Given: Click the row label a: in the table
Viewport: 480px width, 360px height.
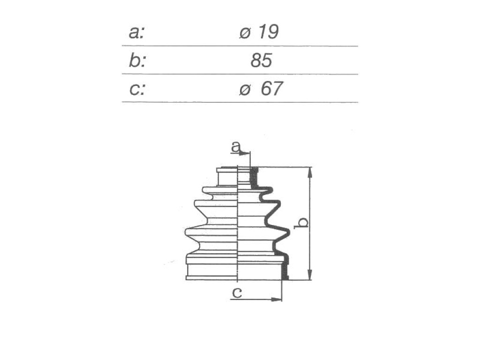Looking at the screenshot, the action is pyautogui.click(x=136, y=32).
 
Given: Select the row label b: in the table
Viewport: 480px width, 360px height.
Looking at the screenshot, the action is pyautogui.click(x=137, y=60).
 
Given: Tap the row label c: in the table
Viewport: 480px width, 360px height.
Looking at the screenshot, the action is pyautogui.click(x=137, y=89).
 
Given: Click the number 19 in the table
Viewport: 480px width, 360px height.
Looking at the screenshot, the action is pyautogui.click(x=269, y=31).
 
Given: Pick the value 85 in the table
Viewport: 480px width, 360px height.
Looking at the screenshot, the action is pyautogui.click(x=261, y=60).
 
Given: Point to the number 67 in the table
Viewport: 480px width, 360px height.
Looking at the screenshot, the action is pyautogui.click(x=271, y=89).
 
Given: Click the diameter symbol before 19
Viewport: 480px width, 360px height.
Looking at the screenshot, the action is pyautogui.click(x=245, y=33).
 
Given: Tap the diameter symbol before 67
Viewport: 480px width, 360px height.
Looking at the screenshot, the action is pyautogui.click(x=245, y=90).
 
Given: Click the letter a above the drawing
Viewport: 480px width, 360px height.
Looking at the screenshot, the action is pyautogui.click(x=236, y=147).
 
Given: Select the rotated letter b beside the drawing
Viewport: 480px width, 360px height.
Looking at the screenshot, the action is pyautogui.click(x=301, y=223).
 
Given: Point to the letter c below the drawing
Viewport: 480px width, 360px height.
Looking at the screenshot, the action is pyautogui.click(x=237, y=292).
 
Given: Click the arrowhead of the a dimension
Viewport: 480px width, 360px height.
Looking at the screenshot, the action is pyautogui.click(x=245, y=153).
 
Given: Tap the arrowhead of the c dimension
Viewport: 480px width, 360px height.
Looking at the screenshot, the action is pyautogui.click(x=276, y=299).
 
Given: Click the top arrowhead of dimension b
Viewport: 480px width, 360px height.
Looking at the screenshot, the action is pyautogui.click(x=310, y=172).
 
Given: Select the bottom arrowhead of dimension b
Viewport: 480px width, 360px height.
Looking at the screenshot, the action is pyautogui.click(x=310, y=275).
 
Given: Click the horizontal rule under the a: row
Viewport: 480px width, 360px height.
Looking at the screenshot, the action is pyautogui.click(x=240, y=46).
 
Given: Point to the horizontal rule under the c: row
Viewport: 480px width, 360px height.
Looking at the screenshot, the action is pyautogui.click(x=240, y=102).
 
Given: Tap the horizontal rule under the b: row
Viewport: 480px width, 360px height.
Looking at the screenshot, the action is pyautogui.click(x=240, y=74).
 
